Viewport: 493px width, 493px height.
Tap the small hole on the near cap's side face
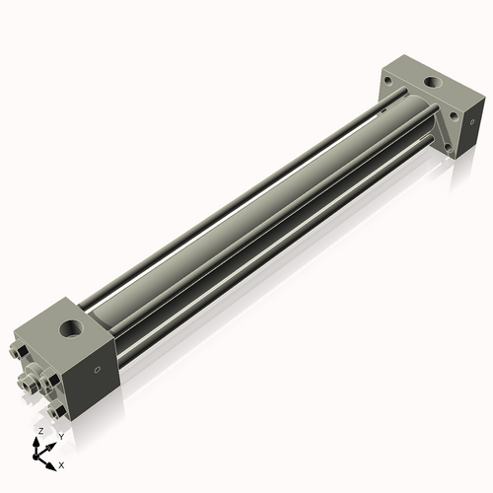point(97,371)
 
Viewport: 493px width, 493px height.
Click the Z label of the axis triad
point(39,432)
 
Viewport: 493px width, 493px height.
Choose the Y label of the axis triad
point(60,437)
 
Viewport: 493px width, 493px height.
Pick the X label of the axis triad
point(62,463)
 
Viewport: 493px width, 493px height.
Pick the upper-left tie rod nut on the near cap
point(22,352)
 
